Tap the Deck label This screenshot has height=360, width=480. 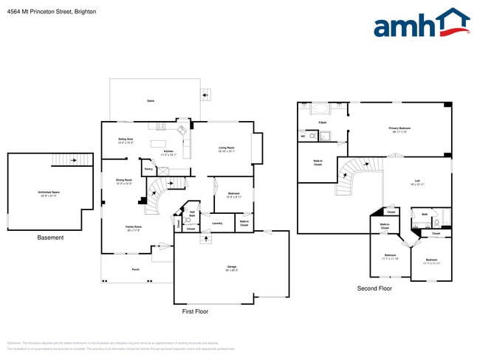[x=150, y=101]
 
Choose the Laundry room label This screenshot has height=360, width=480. [x=217, y=223]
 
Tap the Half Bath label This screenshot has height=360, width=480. [x=192, y=214]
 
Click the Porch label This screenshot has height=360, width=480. [x=136, y=270]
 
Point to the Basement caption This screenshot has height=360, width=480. [x=50, y=238]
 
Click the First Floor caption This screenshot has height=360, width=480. [x=195, y=311]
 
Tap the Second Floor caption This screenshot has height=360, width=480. [x=374, y=288]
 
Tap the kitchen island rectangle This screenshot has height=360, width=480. [x=158, y=142]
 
